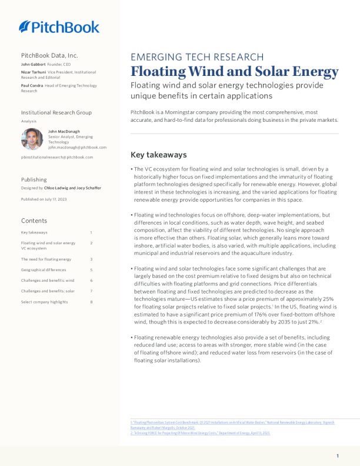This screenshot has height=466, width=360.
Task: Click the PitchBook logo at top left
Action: pos(59,26)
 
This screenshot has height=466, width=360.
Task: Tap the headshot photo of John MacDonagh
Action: pos(32,139)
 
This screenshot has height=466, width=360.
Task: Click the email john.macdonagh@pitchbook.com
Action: pos(78,147)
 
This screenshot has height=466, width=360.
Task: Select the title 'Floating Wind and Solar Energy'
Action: pos(234,72)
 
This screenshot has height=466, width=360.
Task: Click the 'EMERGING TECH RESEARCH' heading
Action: pos(196,57)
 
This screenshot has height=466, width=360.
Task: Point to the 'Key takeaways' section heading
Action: pos(158,155)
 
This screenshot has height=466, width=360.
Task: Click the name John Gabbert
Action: pos(34,64)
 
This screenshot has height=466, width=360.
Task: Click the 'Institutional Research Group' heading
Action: pos(56,112)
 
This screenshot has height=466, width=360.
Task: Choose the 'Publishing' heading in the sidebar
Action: pos(34,179)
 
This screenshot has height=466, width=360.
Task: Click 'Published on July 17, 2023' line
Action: pos(44,199)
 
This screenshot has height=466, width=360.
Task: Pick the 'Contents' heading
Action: pos(34,221)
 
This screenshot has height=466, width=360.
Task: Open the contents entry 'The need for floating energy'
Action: pos(46,259)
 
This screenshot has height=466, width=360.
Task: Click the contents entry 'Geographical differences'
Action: pos(44,269)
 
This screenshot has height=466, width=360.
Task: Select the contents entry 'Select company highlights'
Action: pos(44,302)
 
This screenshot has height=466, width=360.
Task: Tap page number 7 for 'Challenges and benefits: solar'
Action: pos(91,291)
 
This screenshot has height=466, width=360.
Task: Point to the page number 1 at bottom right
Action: pos(338,456)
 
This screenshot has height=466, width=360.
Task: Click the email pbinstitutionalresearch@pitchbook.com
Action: pos(56,157)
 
